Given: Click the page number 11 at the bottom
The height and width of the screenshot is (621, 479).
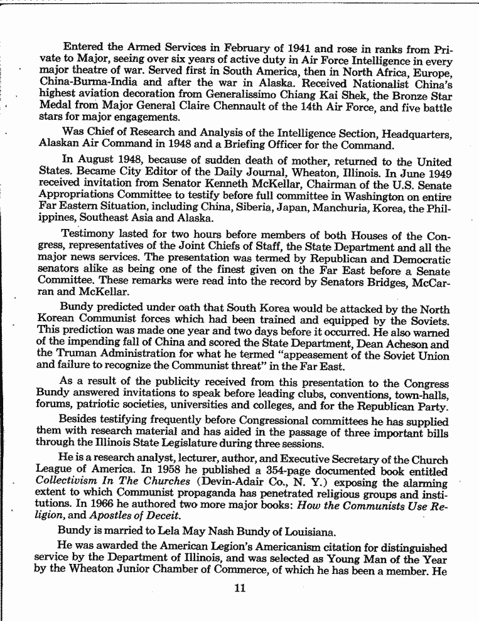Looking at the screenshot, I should (238, 588).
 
